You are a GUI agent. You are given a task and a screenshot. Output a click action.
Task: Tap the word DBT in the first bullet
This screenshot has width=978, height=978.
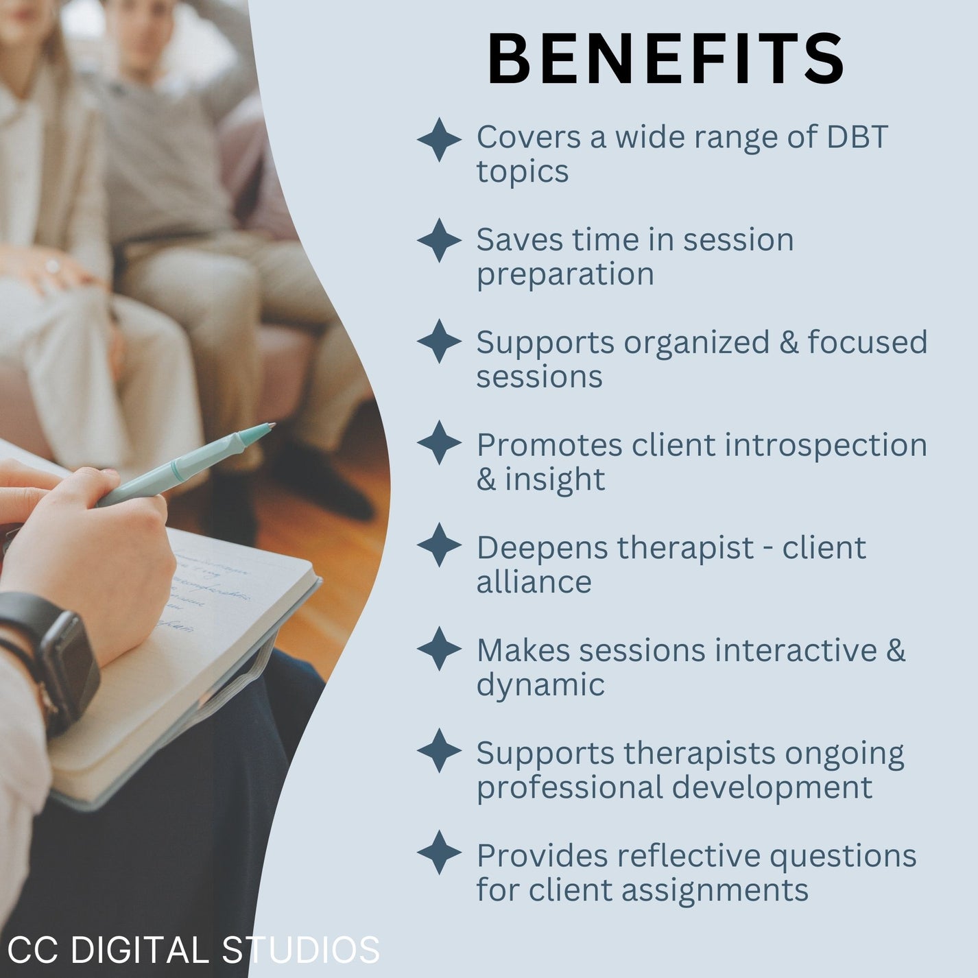coord(857,137)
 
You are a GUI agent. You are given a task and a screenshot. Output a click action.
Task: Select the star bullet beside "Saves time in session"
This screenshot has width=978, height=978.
coord(439,241)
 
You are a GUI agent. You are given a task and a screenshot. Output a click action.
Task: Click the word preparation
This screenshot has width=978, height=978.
coord(565,275)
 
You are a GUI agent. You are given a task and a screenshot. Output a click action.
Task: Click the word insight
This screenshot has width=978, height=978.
coord(555,479)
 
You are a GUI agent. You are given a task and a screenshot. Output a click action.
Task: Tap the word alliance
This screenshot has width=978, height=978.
coord(534,582)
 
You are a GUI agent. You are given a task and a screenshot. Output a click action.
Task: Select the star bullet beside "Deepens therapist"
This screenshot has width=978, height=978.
coord(439,545)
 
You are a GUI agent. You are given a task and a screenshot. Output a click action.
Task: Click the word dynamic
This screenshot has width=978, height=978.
coord(540,685)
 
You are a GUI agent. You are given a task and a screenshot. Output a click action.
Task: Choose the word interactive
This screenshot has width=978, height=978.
coord(796,650)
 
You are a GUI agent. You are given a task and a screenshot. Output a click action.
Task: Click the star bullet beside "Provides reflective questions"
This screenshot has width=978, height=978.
coord(439,852)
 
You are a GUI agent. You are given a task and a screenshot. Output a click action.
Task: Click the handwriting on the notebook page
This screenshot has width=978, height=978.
coord(206,590)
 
